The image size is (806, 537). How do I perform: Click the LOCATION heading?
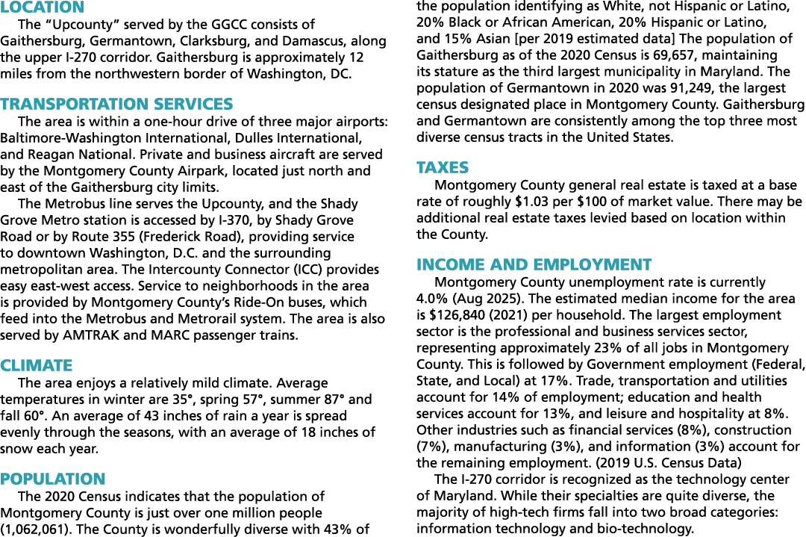click(x=42, y=7)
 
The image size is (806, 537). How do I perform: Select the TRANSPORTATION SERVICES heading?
click(x=116, y=104)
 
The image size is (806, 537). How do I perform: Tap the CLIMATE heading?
click(x=37, y=365)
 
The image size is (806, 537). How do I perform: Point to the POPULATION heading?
click(x=52, y=479)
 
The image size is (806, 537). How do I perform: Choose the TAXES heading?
click(x=443, y=167)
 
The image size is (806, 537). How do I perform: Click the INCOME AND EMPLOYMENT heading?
click(x=534, y=264)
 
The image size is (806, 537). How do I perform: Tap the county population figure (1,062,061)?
click(x=36, y=530)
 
